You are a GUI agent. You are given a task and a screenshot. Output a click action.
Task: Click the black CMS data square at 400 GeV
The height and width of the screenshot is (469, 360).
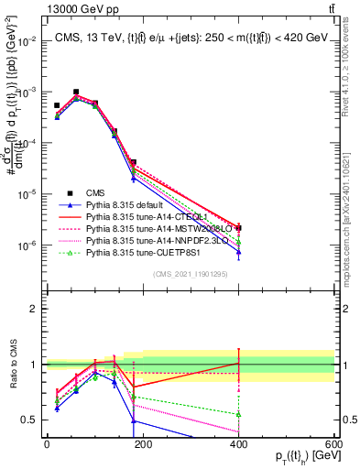(x=238, y=227)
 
